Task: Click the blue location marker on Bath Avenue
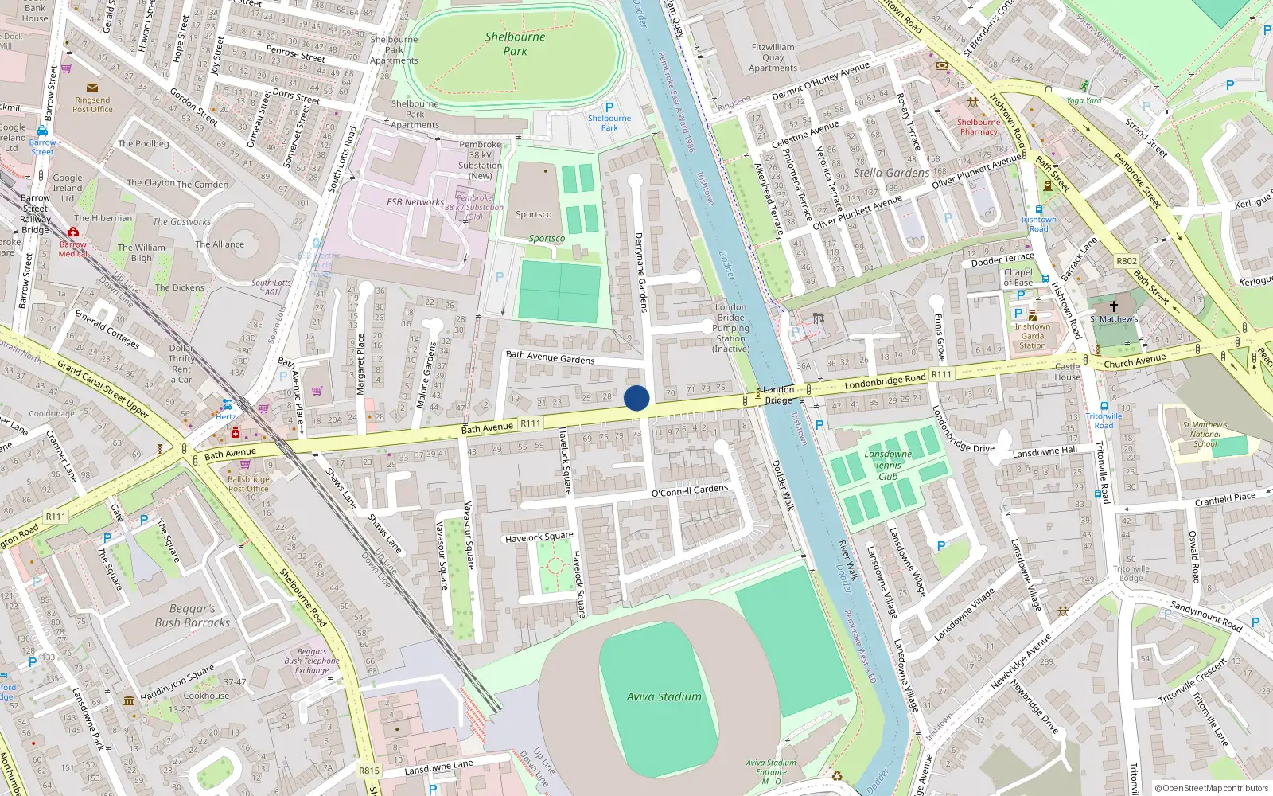click(x=636, y=398)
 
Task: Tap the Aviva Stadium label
click(x=664, y=696)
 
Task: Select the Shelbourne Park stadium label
click(x=515, y=44)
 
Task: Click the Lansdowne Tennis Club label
click(x=888, y=465)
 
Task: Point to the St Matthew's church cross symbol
click(x=1114, y=306)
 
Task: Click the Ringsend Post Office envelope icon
click(x=92, y=88)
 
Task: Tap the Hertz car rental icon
click(x=227, y=404)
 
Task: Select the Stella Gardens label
click(x=891, y=173)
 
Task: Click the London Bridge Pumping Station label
click(x=730, y=327)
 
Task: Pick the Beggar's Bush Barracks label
click(x=192, y=615)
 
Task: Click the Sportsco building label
click(x=533, y=214)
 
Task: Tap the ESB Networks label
click(x=415, y=202)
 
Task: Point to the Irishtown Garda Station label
click(x=1032, y=336)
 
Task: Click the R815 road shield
click(x=369, y=770)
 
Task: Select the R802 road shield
click(x=1127, y=261)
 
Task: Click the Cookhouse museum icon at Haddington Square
click(x=129, y=700)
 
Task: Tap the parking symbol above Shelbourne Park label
click(x=609, y=107)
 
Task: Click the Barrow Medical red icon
click(x=73, y=232)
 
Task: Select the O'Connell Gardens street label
click(x=689, y=491)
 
